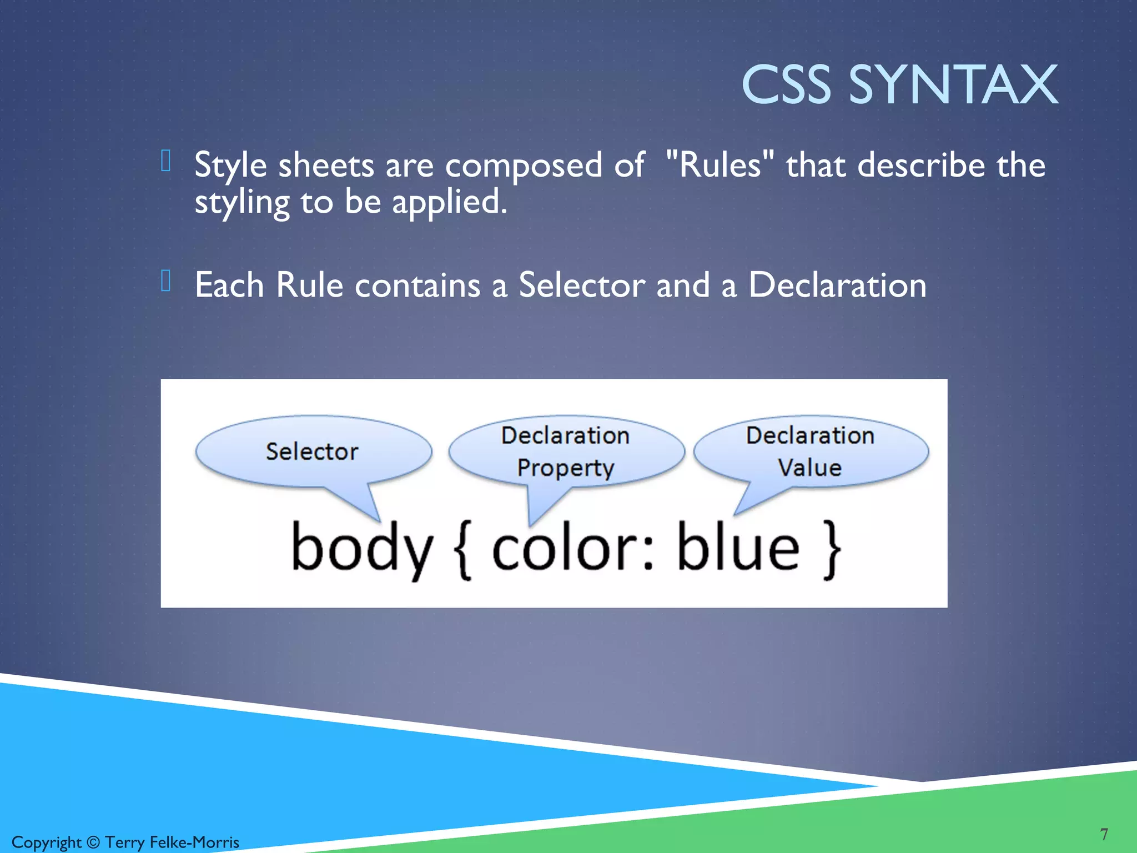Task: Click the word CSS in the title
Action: [x=786, y=84]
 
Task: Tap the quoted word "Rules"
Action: [x=720, y=165]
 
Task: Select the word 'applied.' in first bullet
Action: [x=450, y=202]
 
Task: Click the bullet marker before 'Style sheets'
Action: [x=165, y=161]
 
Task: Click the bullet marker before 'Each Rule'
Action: [x=165, y=280]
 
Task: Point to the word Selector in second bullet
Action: [x=581, y=285]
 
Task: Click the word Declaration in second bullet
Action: [x=837, y=285]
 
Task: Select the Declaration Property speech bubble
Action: [x=566, y=451]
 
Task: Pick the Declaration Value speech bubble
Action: [x=810, y=451]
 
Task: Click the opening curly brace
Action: [x=462, y=550]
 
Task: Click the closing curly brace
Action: [x=831, y=550]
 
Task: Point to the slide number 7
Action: [x=1104, y=834]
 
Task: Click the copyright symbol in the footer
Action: [x=93, y=842]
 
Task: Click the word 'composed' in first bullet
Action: [x=524, y=166]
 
